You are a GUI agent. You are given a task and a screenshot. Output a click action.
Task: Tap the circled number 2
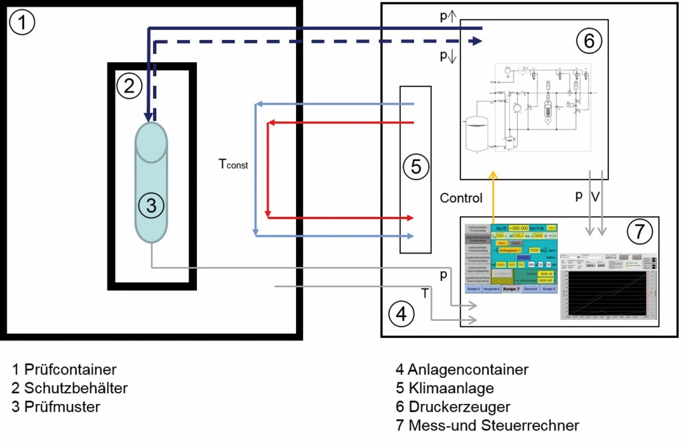(x=129, y=85)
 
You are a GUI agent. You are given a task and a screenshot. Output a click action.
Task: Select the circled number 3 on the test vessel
(x=152, y=206)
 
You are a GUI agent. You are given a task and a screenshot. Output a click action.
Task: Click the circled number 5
(x=415, y=167)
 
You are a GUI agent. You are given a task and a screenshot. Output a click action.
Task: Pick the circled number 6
(x=588, y=41)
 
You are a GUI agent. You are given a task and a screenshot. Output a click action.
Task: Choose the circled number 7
(x=639, y=231)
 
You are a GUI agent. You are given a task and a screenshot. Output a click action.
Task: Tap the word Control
(x=461, y=198)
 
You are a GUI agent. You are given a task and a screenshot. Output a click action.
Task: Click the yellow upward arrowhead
(x=494, y=175)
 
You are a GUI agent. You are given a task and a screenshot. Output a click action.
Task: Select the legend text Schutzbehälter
(x=75, y=387)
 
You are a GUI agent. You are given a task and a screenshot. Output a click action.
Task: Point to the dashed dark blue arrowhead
(x=476, y=41)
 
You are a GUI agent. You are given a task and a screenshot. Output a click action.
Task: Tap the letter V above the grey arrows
(x=596, y=197)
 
